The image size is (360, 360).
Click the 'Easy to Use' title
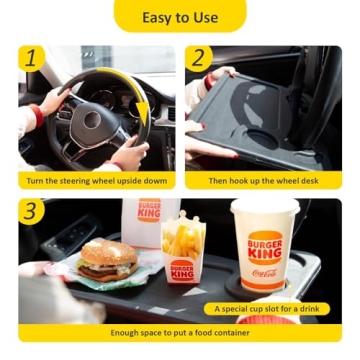pyautogui.click(x=180, y=17)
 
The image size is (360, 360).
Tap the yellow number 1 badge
pyautogui.click(x=31, y=58)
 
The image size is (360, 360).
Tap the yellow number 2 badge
pyautogui.click(x=200, y=58)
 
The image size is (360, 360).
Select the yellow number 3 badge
pyautogui.click(x=31, y=211)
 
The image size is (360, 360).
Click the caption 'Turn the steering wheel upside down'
pyautogui.click(x=97, y=181)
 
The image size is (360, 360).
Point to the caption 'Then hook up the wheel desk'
pyautogui.click(x=263, y=181)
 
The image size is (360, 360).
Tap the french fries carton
pyautogui.click(x=184, y=250)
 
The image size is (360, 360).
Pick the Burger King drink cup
pyautogui.click(x=264, y=250)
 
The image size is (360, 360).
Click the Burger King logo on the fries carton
pyautogui.click(x=182, y=271)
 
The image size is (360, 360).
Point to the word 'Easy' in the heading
pyautogui.click(x=157, y=17)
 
